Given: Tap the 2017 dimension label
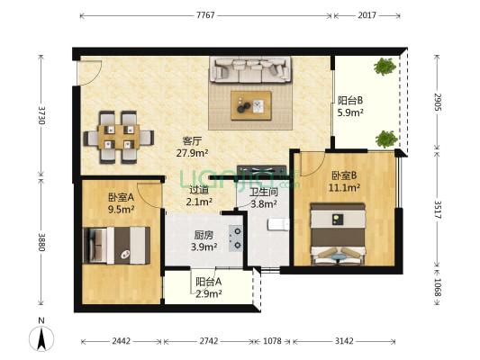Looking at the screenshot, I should pyautogui.click(x=367, y=16).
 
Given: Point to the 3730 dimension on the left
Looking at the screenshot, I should pyautogui.click(x=41, y=114).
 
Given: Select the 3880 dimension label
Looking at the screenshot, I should pyautogui.click(x=41, y=244).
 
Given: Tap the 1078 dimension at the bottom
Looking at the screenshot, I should pyautogui.click(x=271, y=342).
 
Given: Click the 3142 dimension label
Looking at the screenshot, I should pyautogui.click(x=343, y=342).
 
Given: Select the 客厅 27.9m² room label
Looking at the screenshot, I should pyautogui.click(x=192, y=147).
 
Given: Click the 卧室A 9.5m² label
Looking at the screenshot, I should pyautogui.click(x=121, y=203).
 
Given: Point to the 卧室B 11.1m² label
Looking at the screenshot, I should pyautogui.click(x=345, y=182).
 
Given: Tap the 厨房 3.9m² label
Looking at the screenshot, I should pyautogui.click(x=204, y=241).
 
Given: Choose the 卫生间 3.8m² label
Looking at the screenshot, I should pyautogui.click(x=263, y=197).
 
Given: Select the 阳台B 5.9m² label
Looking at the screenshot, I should pyautogui.click(x=350, y=107).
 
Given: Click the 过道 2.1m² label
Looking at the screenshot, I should pyautogui.click(x=199, y=196).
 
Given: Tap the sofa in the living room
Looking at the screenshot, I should pyautogui.click(x=250, y=70).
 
